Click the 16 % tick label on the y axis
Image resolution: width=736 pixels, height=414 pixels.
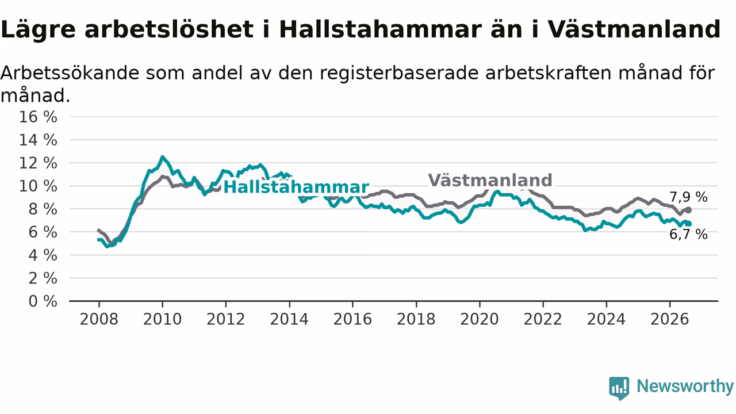point(38,117)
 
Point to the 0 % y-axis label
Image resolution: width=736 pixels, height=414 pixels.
point(43,301)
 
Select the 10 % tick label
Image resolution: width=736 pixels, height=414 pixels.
point(38,186)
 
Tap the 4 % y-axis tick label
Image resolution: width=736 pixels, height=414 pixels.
point(43,255)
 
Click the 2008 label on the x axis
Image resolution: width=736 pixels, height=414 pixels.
point(99,319)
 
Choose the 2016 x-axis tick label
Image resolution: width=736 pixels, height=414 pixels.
point(352,319)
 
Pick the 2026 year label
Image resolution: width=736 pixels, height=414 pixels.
point(670,319)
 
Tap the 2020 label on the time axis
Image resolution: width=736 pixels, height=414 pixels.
point(480,319)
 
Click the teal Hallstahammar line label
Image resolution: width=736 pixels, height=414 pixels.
point(296,187)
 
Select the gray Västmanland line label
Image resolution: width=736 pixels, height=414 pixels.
point(490,181)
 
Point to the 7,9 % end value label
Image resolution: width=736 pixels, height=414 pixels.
point(688,197)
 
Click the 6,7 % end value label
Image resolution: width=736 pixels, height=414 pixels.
point(688,235)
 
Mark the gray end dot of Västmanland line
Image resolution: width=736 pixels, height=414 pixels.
point(689,210)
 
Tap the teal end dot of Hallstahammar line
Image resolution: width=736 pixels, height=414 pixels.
point(689,224)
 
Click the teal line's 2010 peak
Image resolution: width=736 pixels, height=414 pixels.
point(162,157)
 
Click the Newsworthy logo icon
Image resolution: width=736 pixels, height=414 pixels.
point(619,388)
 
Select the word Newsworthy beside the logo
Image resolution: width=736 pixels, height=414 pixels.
point(685,386)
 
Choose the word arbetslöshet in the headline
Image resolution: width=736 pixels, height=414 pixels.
point(169,29)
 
